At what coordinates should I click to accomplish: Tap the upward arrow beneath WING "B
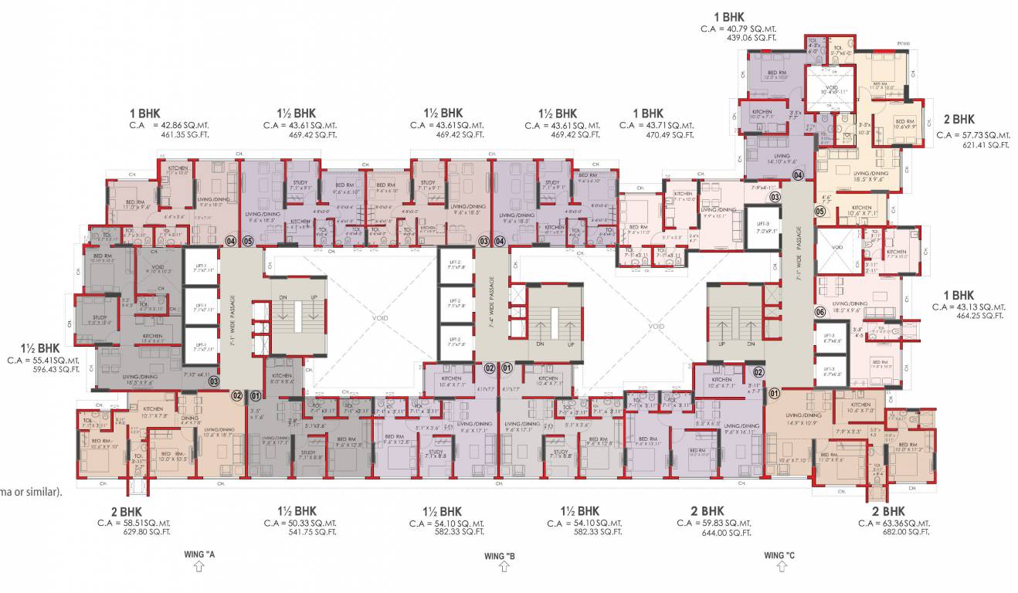(504, 568)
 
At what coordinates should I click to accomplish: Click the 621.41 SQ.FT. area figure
(962, 144)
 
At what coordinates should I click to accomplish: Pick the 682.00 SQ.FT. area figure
(905, 532)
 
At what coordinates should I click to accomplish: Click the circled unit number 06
(820, 312)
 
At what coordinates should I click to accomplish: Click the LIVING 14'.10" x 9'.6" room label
(782, 159)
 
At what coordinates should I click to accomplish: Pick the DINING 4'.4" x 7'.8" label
(190, 420)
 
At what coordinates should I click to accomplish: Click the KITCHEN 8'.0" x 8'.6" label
(281, 379)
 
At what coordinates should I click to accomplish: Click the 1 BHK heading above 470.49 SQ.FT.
(647, 114)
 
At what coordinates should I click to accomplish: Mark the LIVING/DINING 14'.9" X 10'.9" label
(801, 419)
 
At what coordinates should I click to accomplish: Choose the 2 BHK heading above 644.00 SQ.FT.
(707, 511)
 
